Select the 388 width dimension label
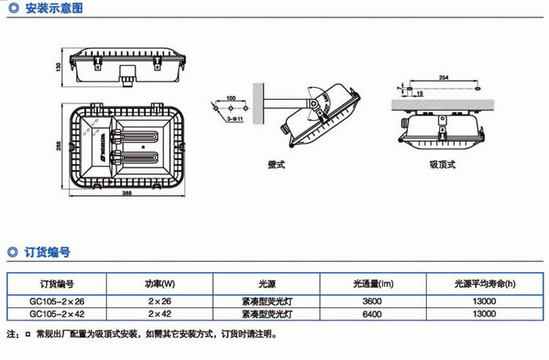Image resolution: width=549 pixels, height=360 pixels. coord(128,195)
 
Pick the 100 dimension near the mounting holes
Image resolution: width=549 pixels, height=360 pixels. coord(230,99)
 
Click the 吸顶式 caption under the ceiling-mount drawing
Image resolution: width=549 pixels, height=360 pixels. coord(442,165)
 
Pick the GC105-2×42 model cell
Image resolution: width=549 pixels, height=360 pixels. coord(56,314)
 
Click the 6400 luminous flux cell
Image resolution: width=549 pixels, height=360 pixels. coord(372,314)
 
